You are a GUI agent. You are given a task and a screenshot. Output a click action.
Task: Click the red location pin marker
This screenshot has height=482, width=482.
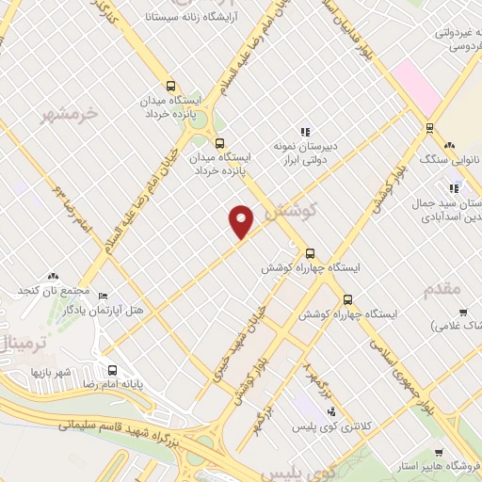tap(243, 221)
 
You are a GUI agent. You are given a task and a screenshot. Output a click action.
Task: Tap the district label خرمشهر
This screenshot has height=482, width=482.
tap(71, 115)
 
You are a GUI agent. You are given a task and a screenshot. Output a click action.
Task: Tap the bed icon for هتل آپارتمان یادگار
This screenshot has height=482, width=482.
tap(103, 295)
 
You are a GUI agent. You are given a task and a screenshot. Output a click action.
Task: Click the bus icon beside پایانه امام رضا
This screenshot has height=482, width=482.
tap(113, 370)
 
